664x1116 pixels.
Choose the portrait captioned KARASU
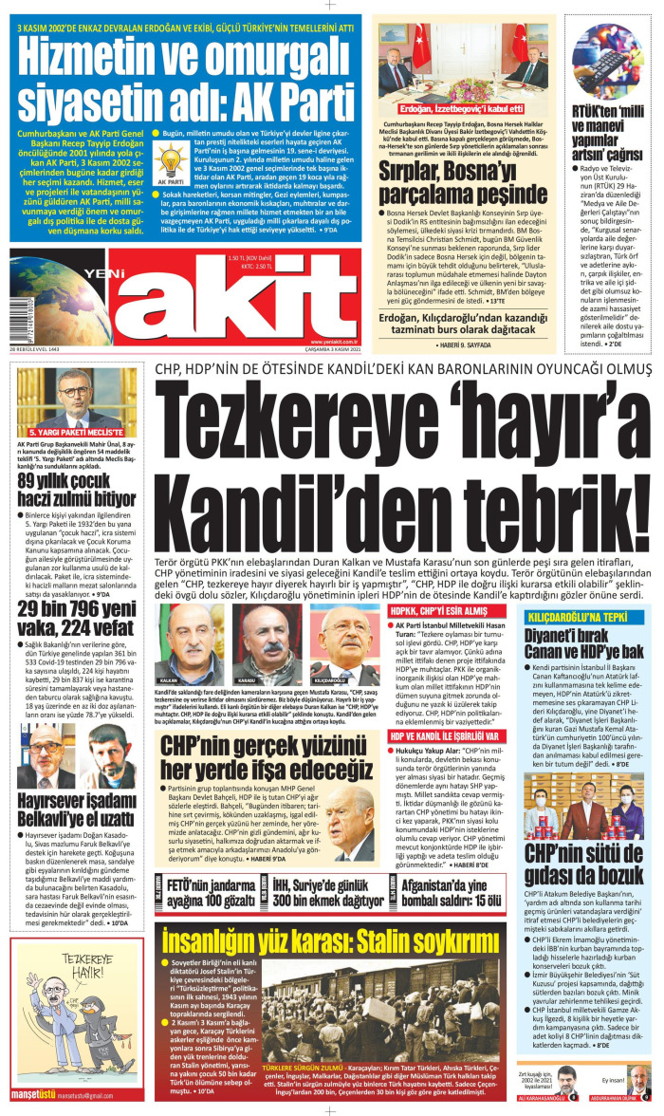coord(255,630)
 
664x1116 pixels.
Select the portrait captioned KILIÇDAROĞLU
coord(336,630)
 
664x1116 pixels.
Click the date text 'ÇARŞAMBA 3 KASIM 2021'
coord(330,375)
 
